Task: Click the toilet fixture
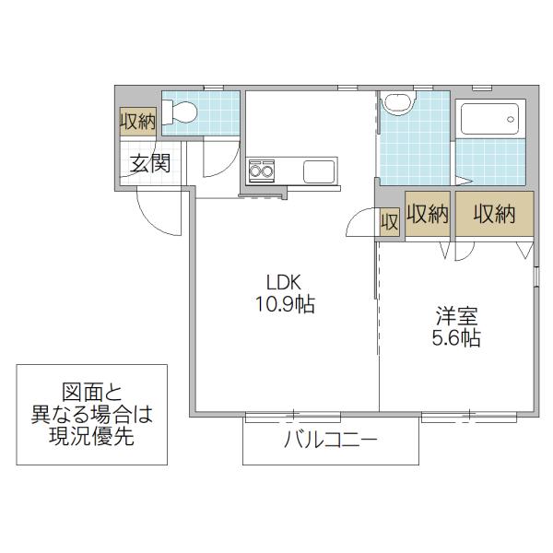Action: coord(179,112)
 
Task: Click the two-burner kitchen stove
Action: coord(262,171)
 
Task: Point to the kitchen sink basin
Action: coord(319,171)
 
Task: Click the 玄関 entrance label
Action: coord(150,163)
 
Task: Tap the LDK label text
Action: coord(284,283)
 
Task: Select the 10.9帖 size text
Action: coord(285,304)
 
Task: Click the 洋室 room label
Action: coord(457,316)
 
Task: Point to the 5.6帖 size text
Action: coord(456,338)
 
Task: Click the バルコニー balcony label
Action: coord(331,440)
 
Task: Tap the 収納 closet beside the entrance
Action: coord(138,122)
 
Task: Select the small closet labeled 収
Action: coord(389,222)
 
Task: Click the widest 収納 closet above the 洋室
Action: coord(494,214)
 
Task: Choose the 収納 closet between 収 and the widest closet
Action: coord(428,214)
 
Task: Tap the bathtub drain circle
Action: coord(511,119)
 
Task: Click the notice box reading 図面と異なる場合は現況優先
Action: coord(91,415)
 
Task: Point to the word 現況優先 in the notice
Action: coord(91,436)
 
